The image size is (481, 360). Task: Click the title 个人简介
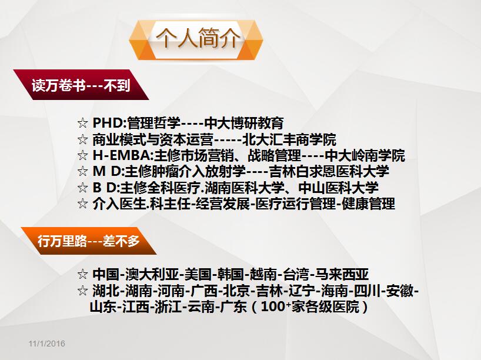198,38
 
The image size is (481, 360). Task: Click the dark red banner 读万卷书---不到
81,85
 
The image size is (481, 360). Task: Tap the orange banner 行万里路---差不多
89,241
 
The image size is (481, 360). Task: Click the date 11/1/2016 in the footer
47,344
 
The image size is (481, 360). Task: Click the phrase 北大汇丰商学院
289,139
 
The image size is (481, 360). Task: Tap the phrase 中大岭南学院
365,155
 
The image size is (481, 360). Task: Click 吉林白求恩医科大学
329,171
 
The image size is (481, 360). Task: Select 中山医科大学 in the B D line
338,188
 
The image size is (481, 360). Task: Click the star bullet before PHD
82,123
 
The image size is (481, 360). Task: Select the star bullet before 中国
82,274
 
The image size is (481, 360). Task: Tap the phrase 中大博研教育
243,123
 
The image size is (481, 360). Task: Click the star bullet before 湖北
82,291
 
